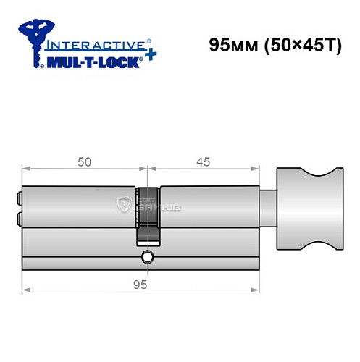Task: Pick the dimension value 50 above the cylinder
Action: click(84, 163)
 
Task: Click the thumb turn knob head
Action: click(308, 210)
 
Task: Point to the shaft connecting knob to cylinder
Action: click(267, 210)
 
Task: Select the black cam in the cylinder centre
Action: click(148, 217)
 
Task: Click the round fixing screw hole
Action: click(148, 256)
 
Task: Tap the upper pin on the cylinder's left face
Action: click(18, 195)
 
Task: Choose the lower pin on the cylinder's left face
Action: click(18, 219)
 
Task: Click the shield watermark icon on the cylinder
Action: click(122, 206)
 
